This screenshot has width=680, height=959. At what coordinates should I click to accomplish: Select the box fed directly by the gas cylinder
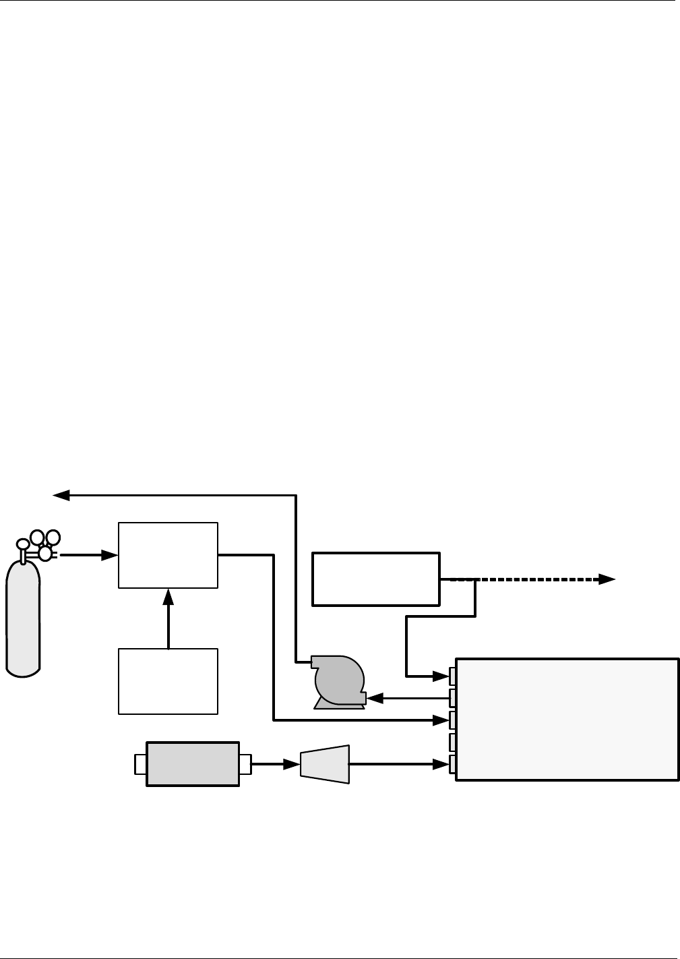coord(168,555)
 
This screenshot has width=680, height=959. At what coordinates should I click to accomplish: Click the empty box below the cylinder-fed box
coord(168,681)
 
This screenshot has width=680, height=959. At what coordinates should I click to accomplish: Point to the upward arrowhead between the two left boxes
coord(168,596)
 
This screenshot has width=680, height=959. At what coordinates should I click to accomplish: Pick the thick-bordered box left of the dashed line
coord(375,579)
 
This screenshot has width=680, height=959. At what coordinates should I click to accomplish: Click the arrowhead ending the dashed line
coord(607,579)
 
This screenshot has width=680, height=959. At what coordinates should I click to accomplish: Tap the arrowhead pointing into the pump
coord(377,698)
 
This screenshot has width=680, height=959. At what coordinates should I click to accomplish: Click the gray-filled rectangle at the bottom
coord(193,764)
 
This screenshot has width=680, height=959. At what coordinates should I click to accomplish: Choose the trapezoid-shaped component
coord(325,764)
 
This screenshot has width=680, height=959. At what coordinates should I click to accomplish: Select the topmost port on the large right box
coord(453,674)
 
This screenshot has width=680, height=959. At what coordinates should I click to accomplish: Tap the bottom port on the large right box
coord(453,764)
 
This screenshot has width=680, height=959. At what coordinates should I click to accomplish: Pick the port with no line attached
coord(453,742)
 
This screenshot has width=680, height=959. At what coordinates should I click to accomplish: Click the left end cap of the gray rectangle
coord(140,764)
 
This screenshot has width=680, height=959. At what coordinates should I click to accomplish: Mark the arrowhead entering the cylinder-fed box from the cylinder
coord(109,555)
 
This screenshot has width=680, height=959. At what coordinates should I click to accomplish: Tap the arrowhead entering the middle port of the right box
coord(441,720)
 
